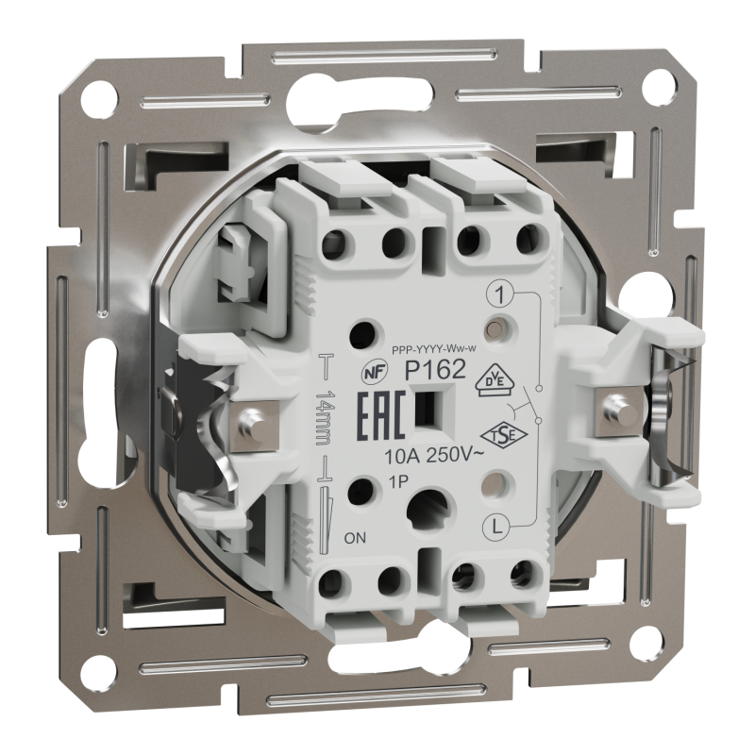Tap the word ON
point(355,538)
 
